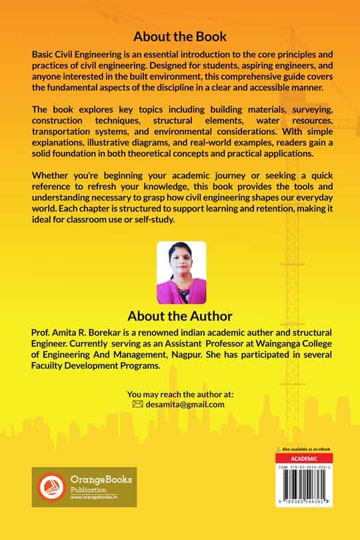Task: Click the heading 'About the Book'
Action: click(180, 36)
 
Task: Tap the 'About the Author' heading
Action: click(180, 315)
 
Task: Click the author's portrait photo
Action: click(181, 273)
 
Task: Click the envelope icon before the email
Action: click(137, 404)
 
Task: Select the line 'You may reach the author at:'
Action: click(180, 394)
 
